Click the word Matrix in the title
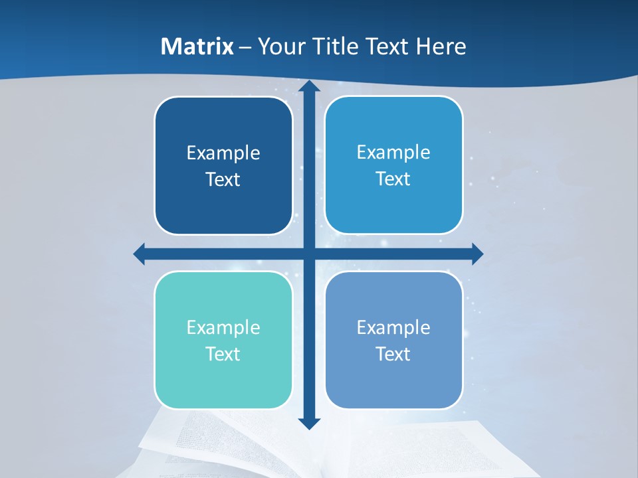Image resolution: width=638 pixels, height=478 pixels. pos(197,46)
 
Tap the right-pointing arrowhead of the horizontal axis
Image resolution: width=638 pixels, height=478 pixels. pos(477,254)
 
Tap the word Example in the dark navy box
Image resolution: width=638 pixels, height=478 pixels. pos(223,153)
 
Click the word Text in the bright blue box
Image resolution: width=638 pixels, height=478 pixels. pos(393,179)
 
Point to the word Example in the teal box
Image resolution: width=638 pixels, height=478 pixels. pos(223,327)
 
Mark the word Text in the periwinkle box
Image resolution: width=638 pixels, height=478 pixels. pos(393,354)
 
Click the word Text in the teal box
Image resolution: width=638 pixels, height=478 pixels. pos(223,354)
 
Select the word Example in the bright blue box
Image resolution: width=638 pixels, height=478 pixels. pos(393,153)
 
